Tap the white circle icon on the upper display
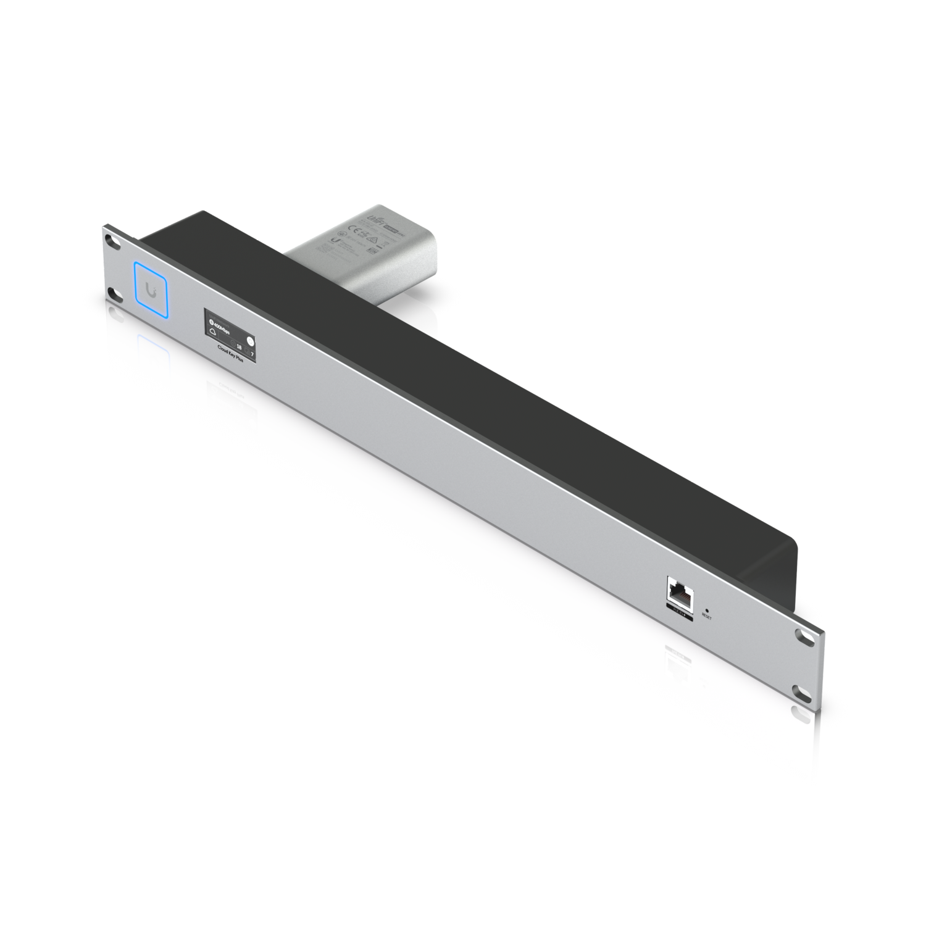click(x=250, y=340)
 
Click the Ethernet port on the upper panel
click(x=679, y=593)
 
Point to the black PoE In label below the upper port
click(x=679, y=612)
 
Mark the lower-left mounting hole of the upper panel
click(x=112, y=292)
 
